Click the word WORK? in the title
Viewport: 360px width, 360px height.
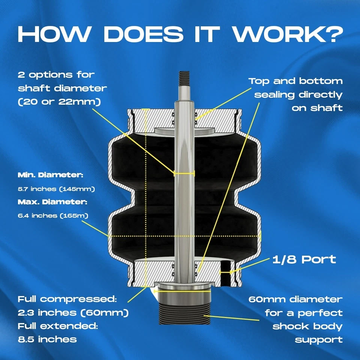click(286, 34)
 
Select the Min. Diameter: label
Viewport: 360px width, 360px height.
click(50, 175)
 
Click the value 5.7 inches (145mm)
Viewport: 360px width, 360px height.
click(56, 189)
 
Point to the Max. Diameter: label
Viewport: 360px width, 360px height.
click(52, 202)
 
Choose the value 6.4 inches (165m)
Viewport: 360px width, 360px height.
click(52, 216)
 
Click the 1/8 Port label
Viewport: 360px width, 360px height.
click(304, 259)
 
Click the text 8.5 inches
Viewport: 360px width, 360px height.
click(47, 339)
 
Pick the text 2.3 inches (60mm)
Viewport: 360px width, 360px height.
click(73, 313)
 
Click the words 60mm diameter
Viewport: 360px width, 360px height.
click(295, 299)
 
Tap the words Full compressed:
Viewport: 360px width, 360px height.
click(67, 299)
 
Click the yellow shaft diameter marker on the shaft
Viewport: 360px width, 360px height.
click(184, 173)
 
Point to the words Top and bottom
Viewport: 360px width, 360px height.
click(295, 81)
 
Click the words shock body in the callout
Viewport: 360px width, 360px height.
click(307, 326)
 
